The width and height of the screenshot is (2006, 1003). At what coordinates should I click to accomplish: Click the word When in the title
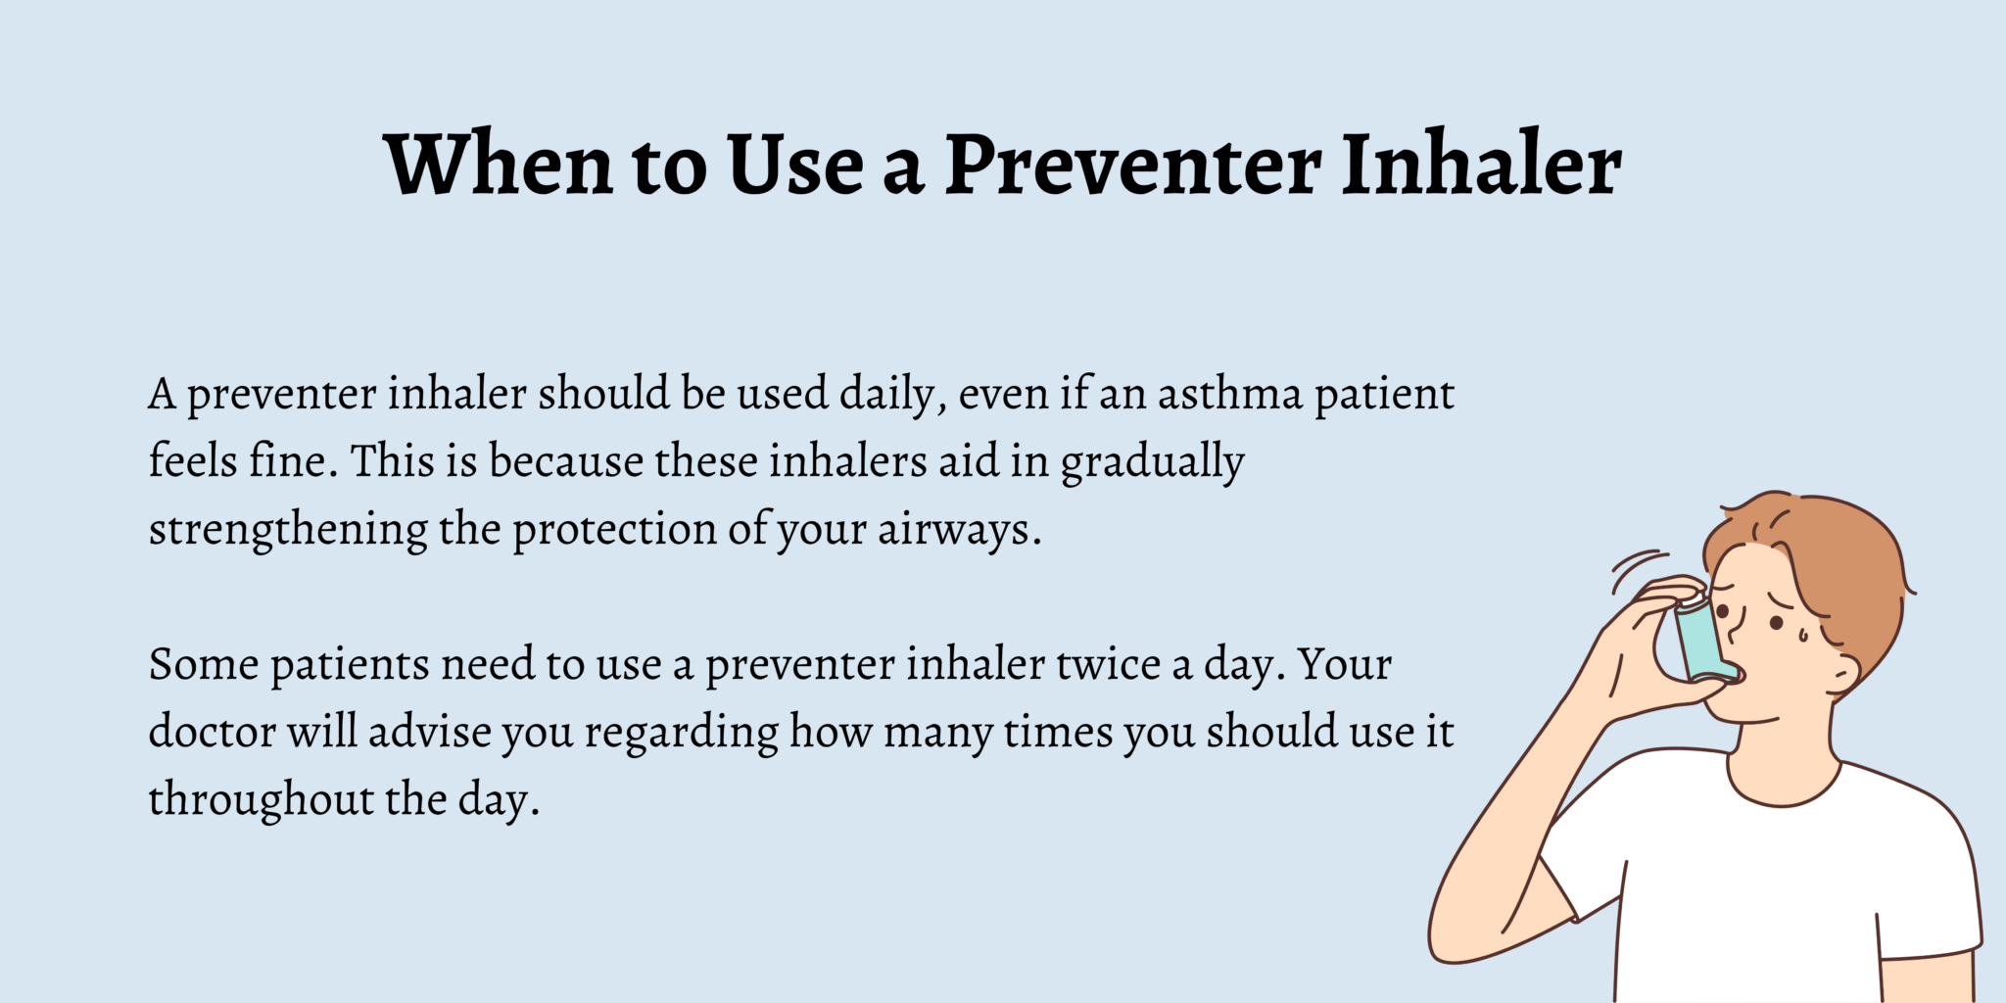tap(499, 164)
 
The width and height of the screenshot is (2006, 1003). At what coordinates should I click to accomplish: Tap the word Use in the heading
tap(794, 164)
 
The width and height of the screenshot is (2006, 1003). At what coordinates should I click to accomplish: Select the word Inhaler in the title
tap(1480, 164)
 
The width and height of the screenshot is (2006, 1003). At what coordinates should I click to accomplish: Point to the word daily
tap(892, 395)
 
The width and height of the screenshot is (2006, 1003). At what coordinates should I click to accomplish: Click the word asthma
tap(1229, 395)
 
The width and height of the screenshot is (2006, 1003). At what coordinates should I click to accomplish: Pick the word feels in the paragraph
tap(192, 461)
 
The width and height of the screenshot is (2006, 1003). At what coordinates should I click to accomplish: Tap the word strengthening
tap(287, 530)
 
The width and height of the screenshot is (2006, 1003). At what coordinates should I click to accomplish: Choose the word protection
tap(614, 530)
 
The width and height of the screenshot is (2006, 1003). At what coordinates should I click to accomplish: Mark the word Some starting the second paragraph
tap(204, 665)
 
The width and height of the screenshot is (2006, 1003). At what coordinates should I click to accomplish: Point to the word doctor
tap(212, 732)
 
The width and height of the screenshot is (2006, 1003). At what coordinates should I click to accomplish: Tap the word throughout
tap(261, 800)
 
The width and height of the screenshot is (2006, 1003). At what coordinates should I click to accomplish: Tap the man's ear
tap(1841, 672)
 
